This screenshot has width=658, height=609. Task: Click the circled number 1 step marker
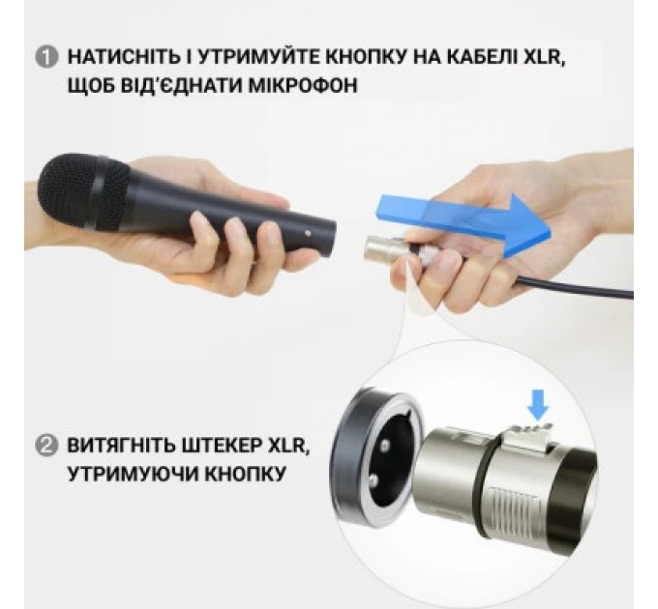click(46, 56)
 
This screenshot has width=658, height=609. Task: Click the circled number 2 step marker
click(46, 448)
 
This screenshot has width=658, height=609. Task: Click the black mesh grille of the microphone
click(82, 193)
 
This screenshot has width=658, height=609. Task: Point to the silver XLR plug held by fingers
click(377, 249)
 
